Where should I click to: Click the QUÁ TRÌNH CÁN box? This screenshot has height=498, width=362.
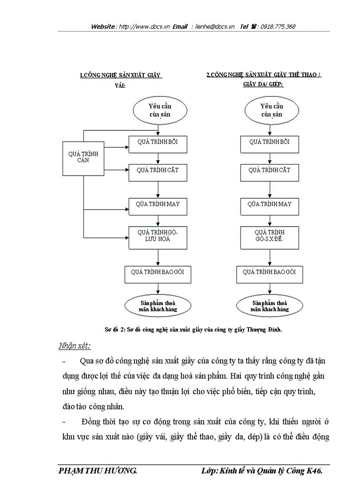coord(83,157)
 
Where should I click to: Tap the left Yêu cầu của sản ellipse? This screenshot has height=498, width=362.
coord(159,110)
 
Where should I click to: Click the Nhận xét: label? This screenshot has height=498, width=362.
coord(74,345)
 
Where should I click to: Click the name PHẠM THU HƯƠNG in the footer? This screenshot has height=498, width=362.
coord(97,471)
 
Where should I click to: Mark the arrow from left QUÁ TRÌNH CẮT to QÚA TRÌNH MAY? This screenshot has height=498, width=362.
coord(158,189)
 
